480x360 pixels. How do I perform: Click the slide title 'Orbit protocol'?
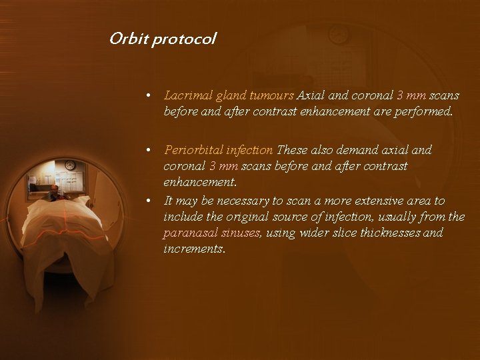163,39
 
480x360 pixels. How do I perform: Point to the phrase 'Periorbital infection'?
218,150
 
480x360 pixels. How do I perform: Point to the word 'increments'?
193,249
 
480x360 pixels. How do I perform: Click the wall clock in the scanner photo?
70,165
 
